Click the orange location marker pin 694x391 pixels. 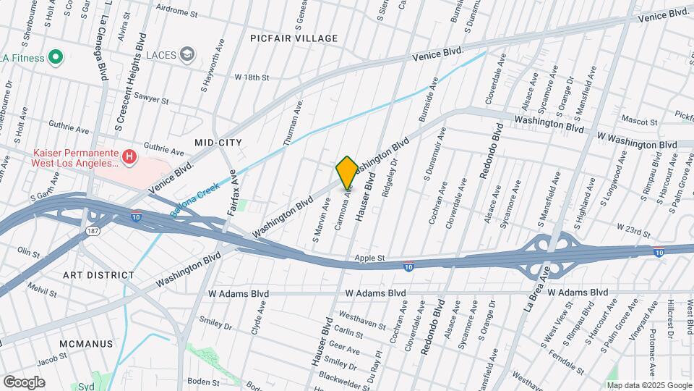click(347, 172)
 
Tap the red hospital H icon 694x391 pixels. click(129, 156)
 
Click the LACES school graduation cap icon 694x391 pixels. click(188, 54)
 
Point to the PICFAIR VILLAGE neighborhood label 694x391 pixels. click(294, 38)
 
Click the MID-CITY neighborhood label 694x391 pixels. click(218, 142)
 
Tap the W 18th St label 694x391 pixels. click(251, 77)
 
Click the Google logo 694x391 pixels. click(24, 382)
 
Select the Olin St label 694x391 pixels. click(28, 252)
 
